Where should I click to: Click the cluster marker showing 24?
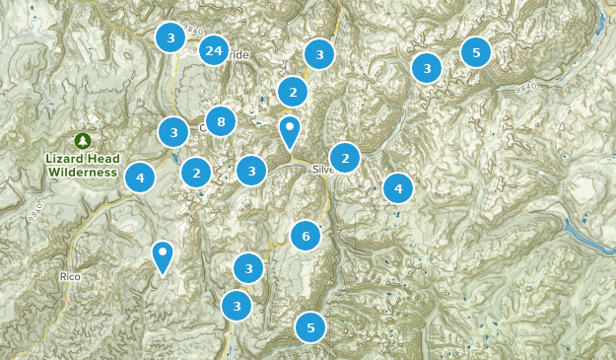click(x=214, y=50)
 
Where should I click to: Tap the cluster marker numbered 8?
click(x=221, y=121)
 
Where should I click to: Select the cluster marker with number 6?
click(x=306, y=236)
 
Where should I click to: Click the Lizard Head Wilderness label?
click(x=83, y=165)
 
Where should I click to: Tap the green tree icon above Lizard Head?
click(x=83, y=142)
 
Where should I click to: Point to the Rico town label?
click(x=68, y=277)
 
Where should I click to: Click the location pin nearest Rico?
click(x=163, y=256)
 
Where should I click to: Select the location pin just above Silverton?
click(x=289, y=130)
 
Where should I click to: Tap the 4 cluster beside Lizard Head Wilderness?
click(x=140, y=178)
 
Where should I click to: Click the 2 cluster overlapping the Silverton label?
click(x=345, y=158)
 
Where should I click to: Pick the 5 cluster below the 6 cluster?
click(x=310, y=327)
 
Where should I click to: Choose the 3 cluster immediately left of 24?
click(x=171, y=38)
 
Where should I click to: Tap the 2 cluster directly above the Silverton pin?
click(x=293, y=92)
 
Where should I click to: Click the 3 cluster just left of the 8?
click(x=173, y=131)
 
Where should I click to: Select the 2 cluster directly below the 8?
click(x=196, y=173)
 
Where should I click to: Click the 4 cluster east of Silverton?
click(x=398, y=187)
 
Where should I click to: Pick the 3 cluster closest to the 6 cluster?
click(x=249, y=267)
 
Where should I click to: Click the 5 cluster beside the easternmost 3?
click(x=476, y=51)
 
